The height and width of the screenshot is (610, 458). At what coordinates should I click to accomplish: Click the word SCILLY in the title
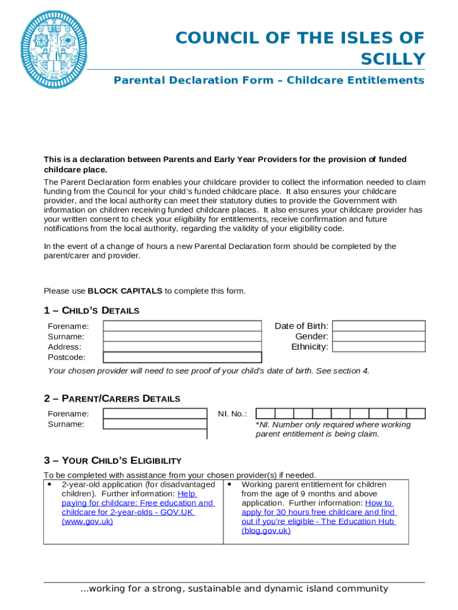(x=393, y=59)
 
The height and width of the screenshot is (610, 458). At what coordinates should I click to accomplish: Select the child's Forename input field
(x=182, y=326)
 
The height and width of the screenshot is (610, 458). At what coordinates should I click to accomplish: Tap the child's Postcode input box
(x=182, y=357)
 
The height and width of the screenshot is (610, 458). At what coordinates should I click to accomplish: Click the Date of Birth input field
(x=379, y=326)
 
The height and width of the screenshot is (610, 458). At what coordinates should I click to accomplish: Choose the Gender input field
(x=379, y=337)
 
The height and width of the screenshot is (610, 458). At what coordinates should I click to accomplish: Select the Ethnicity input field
(x=379, y=347)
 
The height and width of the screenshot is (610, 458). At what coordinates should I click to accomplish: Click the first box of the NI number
(x=265, y=413)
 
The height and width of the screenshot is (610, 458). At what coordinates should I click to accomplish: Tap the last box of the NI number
(x=416, y=413)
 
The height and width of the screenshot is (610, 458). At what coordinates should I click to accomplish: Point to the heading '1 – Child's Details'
(x=92, y=310)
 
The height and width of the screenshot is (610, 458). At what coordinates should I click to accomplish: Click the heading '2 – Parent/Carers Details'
(x=112, y=398)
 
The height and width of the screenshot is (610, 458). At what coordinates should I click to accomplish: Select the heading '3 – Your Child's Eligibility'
(x=112, y=460)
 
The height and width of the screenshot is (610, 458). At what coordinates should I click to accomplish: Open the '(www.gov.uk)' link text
(x=87, y=521)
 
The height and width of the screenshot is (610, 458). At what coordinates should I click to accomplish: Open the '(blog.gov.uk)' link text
(x=266, y=530)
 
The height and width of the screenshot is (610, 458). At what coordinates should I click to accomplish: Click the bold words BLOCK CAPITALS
(x=125, y=291)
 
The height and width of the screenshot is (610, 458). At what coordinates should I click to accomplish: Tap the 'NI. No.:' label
(x=232, y=414)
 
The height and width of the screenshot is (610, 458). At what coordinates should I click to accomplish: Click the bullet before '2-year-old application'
(x=49, y=484)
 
